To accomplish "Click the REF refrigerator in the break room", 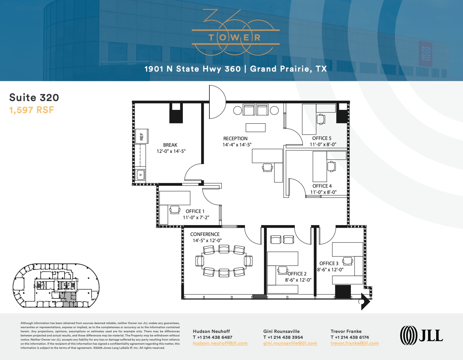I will (142, 136).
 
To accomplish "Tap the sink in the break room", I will (140, 175).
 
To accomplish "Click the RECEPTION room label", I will (235, 138).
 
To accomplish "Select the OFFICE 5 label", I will (321, 138).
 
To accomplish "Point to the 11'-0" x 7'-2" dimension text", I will (196, 217).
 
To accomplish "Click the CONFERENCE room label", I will (205, 234).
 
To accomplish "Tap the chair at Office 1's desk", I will (175, 210).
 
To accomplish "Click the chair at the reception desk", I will (267, 168).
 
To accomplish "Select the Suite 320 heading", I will (34, 98).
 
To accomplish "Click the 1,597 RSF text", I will (32, 110).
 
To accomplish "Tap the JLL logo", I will (421, 335).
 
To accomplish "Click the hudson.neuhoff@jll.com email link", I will (220, 343).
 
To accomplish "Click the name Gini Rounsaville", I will (281, 331).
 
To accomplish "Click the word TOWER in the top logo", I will (235, 37).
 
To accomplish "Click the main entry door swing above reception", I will (217, 102).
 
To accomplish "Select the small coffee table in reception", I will (255, 128).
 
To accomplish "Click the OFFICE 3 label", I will (329, 263).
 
